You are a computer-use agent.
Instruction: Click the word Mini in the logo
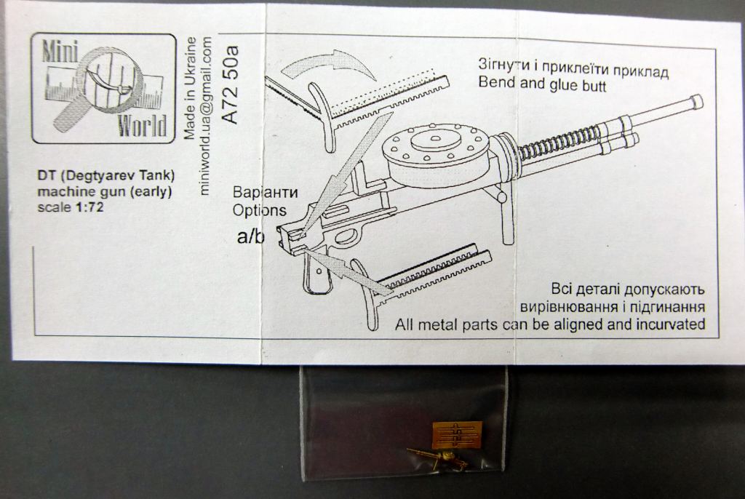(60, 50)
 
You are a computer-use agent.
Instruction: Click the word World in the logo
(143, 125)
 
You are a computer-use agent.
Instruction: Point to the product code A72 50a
(230, 85)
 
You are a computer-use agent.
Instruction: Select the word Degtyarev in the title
(98, 176)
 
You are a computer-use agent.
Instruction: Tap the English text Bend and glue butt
(542, 84)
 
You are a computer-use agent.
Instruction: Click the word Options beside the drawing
(260, 210)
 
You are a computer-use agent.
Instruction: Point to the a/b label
(250, 236)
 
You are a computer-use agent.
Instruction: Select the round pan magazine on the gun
(437, 151)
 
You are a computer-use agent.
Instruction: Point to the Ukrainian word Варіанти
(265, 193)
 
